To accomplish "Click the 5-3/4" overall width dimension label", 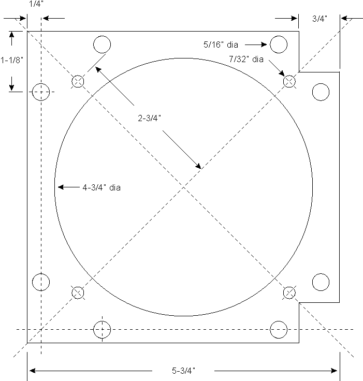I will (183, 371).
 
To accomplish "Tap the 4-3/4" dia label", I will (101, 187).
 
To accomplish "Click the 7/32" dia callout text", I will (246, 60).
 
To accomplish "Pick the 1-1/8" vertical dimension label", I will (12, 60).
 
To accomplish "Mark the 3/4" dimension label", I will (320, 19).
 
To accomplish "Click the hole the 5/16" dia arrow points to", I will (279, 45).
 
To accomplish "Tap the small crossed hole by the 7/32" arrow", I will (289, 81).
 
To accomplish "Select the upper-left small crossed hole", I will (78, 81).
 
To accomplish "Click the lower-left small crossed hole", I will (78, 292).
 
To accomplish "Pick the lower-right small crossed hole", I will (289, 293).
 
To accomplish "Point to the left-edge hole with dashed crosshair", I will (41, 92).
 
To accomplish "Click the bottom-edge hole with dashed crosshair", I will (102, 329).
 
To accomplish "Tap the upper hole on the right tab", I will (321, 92).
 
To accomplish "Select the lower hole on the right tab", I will (321, 283).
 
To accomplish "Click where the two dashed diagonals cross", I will (184, 187).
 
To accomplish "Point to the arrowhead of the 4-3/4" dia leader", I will (59, 187).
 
